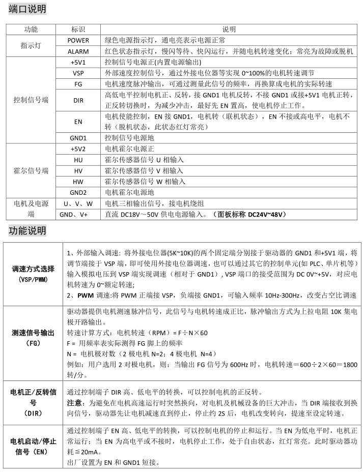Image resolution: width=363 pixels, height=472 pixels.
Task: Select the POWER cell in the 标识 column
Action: coord(78,40)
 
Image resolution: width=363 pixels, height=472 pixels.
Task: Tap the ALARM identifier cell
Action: coord(78,51)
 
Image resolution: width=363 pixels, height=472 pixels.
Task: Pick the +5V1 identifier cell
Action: coord(78,62)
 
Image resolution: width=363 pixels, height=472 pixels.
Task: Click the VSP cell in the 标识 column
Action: coord(78,73)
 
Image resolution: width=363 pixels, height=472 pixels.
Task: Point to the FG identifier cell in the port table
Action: coord(78,84)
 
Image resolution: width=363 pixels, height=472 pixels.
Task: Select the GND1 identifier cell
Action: coord(78,138)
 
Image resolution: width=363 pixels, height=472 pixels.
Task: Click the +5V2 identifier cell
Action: coord(78,149)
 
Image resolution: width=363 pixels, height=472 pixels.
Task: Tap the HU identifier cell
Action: coord(78,159)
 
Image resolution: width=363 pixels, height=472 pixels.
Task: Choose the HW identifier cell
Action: coord(78,181)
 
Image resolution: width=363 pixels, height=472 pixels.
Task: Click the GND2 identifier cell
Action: coord(78,192)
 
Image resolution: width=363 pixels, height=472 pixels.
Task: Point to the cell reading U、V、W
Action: coord(78,203)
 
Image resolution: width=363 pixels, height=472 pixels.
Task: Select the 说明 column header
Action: coord(229,29)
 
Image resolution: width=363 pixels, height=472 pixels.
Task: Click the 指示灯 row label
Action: coord(31,46)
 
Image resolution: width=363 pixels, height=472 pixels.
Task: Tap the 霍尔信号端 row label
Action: coord(31,170)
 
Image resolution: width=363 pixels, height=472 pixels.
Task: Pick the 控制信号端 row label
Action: coord(31,100)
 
